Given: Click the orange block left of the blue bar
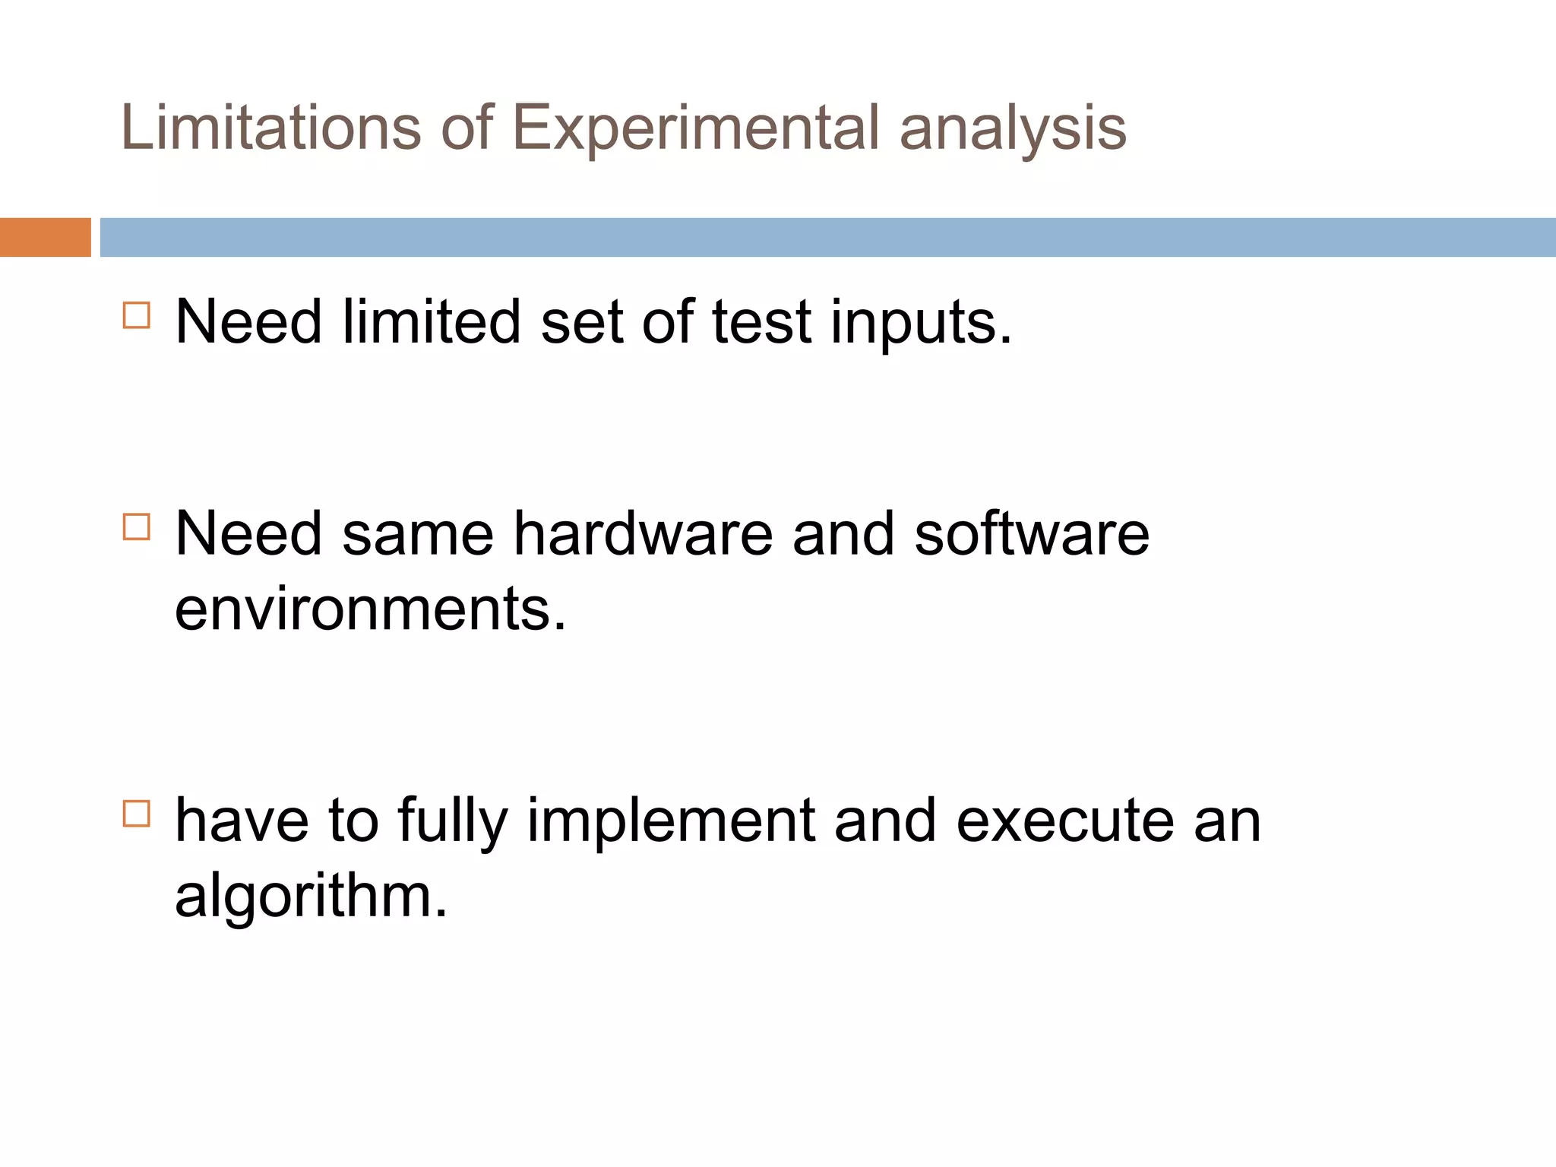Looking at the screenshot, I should pyautogui.click(x=45, y=237).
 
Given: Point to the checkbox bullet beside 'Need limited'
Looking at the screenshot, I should pyautogui.click(x=137, y=315).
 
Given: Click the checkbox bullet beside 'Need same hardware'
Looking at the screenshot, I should pyautogui.click(x=137, y=527).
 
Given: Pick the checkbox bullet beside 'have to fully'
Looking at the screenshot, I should pyautogui.click(x=137, y=814).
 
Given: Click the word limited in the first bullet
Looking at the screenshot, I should pyautogui.click(x=431, y=321).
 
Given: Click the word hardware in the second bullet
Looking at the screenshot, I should pyautogui.click(x=643, y=533).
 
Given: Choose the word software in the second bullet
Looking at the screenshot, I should pyautogui.click(x=1032, y=533).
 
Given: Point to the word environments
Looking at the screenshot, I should pyautogui.click(x=370, y=609).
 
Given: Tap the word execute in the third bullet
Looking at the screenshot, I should pyautogui.click(x=1064, y=821).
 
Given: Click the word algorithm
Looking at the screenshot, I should pyautogui.click(x=311, y=897).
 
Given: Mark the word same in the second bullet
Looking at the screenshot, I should pyautogui.click(x=418, y=535).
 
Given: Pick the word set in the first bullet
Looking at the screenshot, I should pyautogui.click(x=581, y=322).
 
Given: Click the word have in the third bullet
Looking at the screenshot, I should pyautogui.click(x=242, y=821).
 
